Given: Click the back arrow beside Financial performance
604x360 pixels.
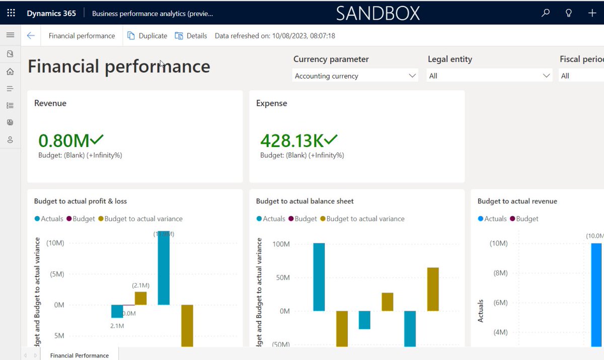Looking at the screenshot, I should coord(31,36).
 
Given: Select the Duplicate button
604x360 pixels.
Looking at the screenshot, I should coord(147,36).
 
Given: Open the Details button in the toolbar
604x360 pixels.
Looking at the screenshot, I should coord(191,36).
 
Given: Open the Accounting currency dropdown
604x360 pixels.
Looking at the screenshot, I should coord(355,76).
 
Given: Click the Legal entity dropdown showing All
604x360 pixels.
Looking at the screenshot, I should coord(489,76).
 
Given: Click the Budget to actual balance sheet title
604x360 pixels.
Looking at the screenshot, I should coord(305,201).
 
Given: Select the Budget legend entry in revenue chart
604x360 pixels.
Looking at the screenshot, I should coord(524,219).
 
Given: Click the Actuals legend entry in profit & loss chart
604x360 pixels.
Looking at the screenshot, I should coord(49,219).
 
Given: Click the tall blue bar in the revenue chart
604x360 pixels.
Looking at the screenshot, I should coord(596,292).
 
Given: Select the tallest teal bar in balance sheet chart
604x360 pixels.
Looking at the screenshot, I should coord(319,277).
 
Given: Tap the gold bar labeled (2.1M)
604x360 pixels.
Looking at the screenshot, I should coord(140,298).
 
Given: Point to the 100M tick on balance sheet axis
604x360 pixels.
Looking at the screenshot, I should coord(281,244).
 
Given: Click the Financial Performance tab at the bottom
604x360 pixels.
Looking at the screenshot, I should coord(79,355).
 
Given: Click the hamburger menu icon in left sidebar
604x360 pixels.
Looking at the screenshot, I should coord(10,35).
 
